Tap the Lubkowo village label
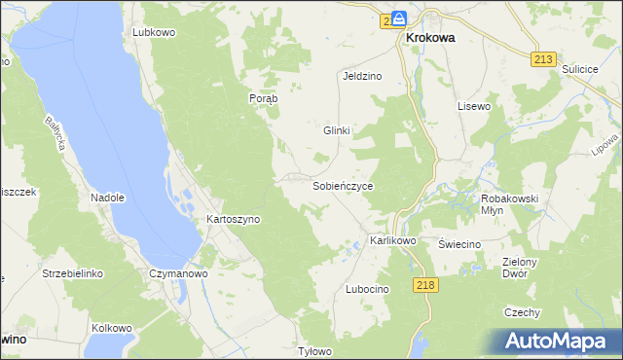(x=153, y=32)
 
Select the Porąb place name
(x=263, y=98)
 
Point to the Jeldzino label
(x=361, y=75)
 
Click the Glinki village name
(x=336, y=129)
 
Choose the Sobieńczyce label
(x=343, y=185)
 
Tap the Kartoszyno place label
(x=233, y=220)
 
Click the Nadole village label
(x=108, y=198)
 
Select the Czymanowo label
(x=178, y=274)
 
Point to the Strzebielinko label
(x=72, y=274)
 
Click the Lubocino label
(x=367, y=290)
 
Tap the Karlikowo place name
(x=393, y=240)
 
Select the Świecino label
(x=459, y=244)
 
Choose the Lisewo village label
(x=474, y=105)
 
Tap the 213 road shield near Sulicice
(x=544, y=59)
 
